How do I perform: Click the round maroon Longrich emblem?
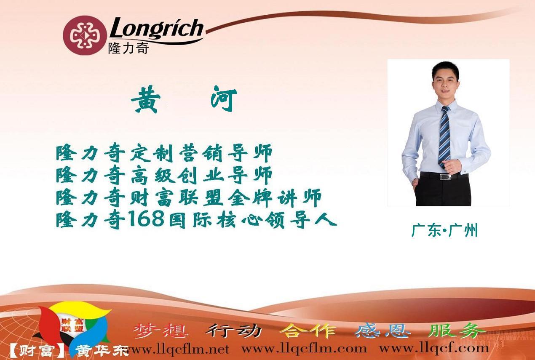coord(85,35)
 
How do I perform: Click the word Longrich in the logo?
coord(157,28)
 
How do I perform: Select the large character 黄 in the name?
coord(146,99)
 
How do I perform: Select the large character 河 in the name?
coord(224,99)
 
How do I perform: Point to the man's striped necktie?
coord(444,137)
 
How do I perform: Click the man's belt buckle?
coord(445,177)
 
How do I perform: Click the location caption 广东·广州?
coord(444,230)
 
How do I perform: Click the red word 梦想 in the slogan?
coord(160,331)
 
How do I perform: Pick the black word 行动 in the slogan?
coord(233,331)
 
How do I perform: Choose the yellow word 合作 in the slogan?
coord(308,331)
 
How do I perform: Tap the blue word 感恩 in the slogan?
coord(382,331)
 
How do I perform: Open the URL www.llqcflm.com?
coord(304,349)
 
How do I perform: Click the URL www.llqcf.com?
coord(434,349)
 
